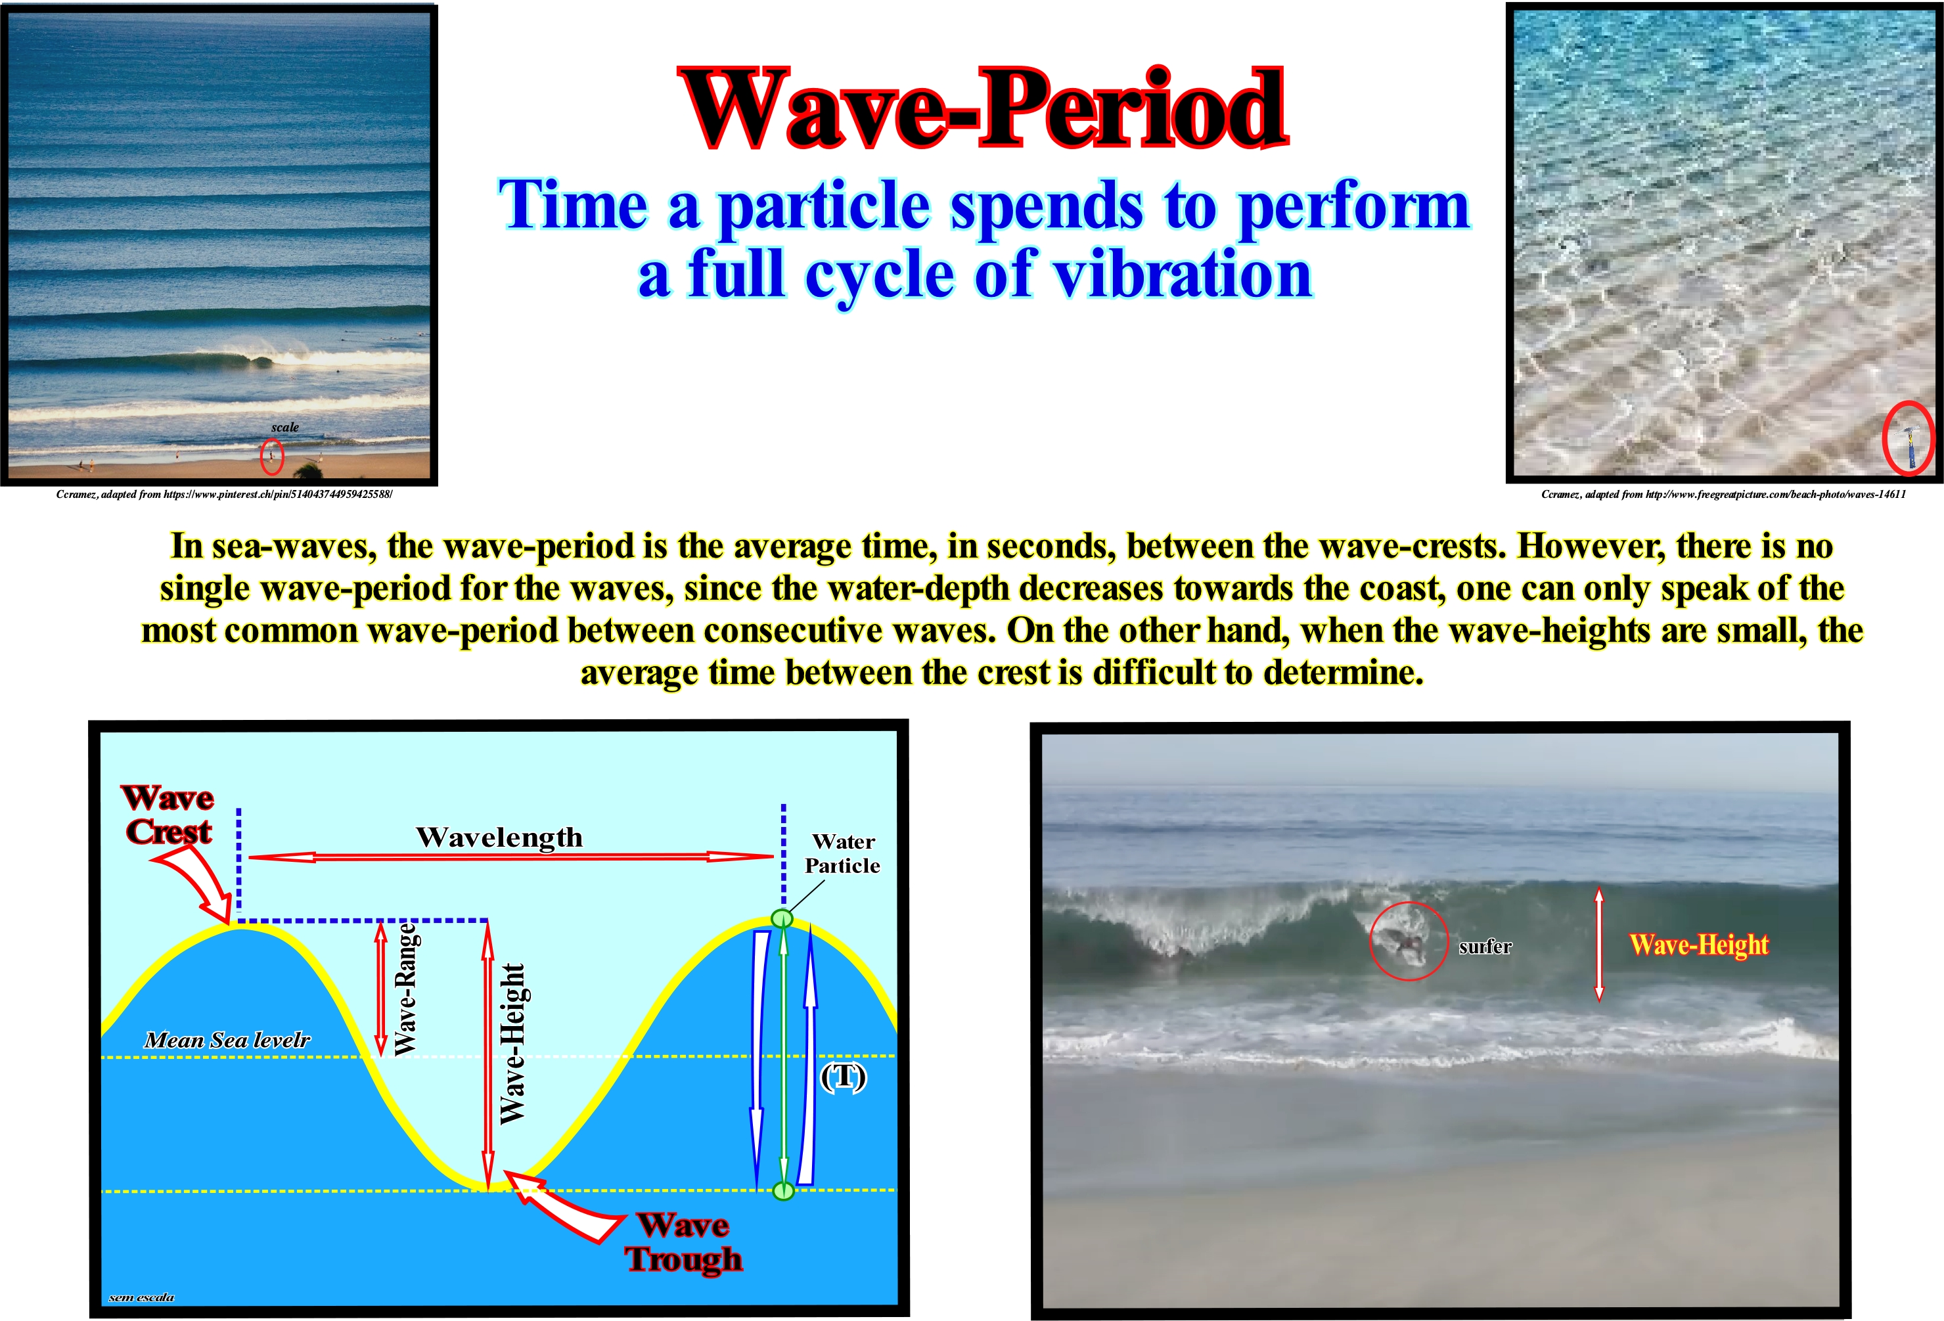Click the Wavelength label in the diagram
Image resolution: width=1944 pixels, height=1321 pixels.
tap(499, 837)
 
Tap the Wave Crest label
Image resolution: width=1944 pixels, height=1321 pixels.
tap(168, 814)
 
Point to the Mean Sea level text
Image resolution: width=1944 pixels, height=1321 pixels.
tap(227, 1040)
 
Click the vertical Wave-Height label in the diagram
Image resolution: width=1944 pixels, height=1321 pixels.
tap(512, 1042)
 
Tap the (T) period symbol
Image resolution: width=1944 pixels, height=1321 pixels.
tap(843, 1076)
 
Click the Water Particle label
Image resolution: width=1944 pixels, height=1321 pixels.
tap(842, 853)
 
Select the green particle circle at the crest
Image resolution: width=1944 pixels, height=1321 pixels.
tap(781, 918)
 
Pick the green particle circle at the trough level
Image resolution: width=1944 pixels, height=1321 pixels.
tap(783, 1190)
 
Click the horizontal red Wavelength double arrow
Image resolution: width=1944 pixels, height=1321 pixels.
tap(511, 856)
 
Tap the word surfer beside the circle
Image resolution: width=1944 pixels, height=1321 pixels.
tap(1485, 946)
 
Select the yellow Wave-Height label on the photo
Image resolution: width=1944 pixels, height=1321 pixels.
tap(1699, 945)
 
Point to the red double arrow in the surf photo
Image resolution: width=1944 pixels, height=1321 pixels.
tap(1598, 944)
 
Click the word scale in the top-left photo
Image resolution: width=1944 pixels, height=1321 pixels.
tap(284, 427)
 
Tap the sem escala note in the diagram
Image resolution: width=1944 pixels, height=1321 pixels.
tap(141, 1297)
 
